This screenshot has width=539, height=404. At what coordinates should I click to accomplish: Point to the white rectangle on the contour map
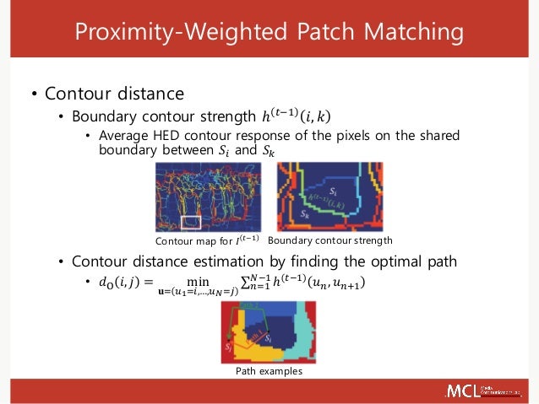click(x=191, y=223)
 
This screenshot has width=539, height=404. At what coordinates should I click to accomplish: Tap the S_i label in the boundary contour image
click(x=334, y=191)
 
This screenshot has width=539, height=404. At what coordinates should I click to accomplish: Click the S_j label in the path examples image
click(x=228, y=346)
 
